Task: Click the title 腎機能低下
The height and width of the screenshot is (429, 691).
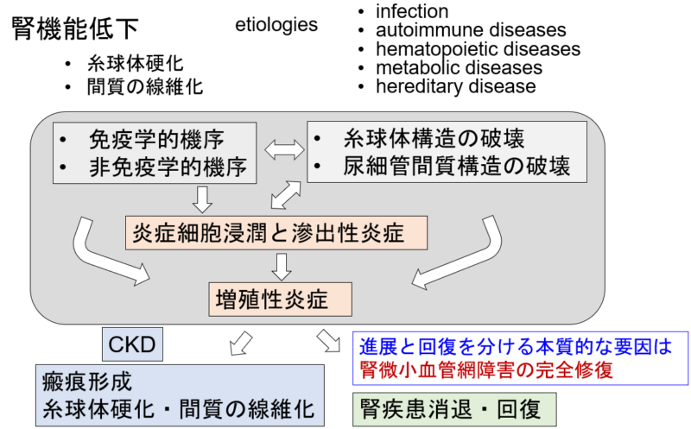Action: coord(75,28)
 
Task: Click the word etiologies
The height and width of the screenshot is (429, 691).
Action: coord(276,25)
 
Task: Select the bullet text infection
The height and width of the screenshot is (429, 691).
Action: coord(412,11)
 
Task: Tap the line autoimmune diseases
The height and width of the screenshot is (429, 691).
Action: coord(471,30)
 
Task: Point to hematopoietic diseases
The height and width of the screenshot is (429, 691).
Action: coord(479,49)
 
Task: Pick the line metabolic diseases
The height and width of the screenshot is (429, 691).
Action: coord(459,68)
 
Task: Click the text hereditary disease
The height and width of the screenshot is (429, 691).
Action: coord(456,86)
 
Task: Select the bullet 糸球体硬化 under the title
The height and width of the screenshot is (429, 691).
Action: coord(135,64)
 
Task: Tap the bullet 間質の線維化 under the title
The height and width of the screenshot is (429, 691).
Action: coord(144,87)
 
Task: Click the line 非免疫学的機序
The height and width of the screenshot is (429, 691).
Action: coord(168,167)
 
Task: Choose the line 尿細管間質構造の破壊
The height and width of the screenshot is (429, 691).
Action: coord(457,166)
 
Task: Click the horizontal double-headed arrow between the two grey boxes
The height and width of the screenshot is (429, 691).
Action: coord(284,149)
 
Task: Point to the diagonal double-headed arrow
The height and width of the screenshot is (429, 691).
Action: coord(286,195)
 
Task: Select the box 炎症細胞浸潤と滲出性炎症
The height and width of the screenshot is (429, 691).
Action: coord(276,233)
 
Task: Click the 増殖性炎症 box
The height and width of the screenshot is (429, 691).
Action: coord(280,300)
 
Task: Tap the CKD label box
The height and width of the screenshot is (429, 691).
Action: coord(133,344)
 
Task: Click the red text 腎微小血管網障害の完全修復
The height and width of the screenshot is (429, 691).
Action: coord(486,370)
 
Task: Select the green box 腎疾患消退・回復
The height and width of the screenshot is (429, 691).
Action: coord(454,409)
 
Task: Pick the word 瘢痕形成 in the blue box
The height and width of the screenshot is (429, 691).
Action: coord(87,382)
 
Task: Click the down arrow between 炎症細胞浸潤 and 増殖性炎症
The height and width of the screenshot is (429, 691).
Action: coord(282,267)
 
